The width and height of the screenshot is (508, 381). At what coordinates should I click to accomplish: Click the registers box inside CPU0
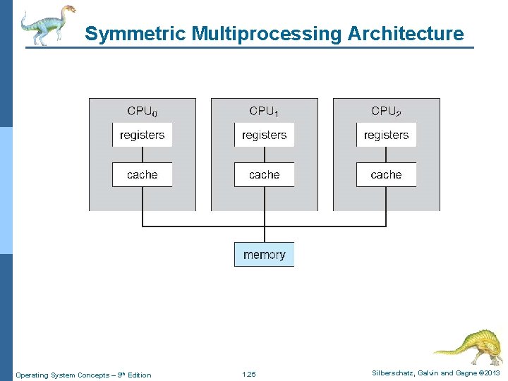[142, 135]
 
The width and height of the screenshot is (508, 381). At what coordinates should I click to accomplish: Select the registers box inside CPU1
[264, 135]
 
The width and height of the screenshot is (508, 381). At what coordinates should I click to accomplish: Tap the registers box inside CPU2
[386, 135]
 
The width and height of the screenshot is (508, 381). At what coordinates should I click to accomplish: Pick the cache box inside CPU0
[142, 174]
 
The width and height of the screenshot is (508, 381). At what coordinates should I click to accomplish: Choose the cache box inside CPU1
[264, 174]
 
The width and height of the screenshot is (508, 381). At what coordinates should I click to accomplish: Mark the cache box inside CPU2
[386, 174]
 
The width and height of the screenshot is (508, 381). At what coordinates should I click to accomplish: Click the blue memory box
[264, 255]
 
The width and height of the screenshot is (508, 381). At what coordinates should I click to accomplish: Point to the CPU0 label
[142, 111]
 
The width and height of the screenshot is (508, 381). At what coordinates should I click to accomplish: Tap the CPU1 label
[264, 111]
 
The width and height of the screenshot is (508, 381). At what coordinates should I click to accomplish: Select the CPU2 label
[386, 111]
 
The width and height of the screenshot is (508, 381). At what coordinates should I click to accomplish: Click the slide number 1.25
[249, 375]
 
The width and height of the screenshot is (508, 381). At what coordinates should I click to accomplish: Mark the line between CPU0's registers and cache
[143, 155]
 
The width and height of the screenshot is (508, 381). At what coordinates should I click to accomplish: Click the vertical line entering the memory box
[265, 234]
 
